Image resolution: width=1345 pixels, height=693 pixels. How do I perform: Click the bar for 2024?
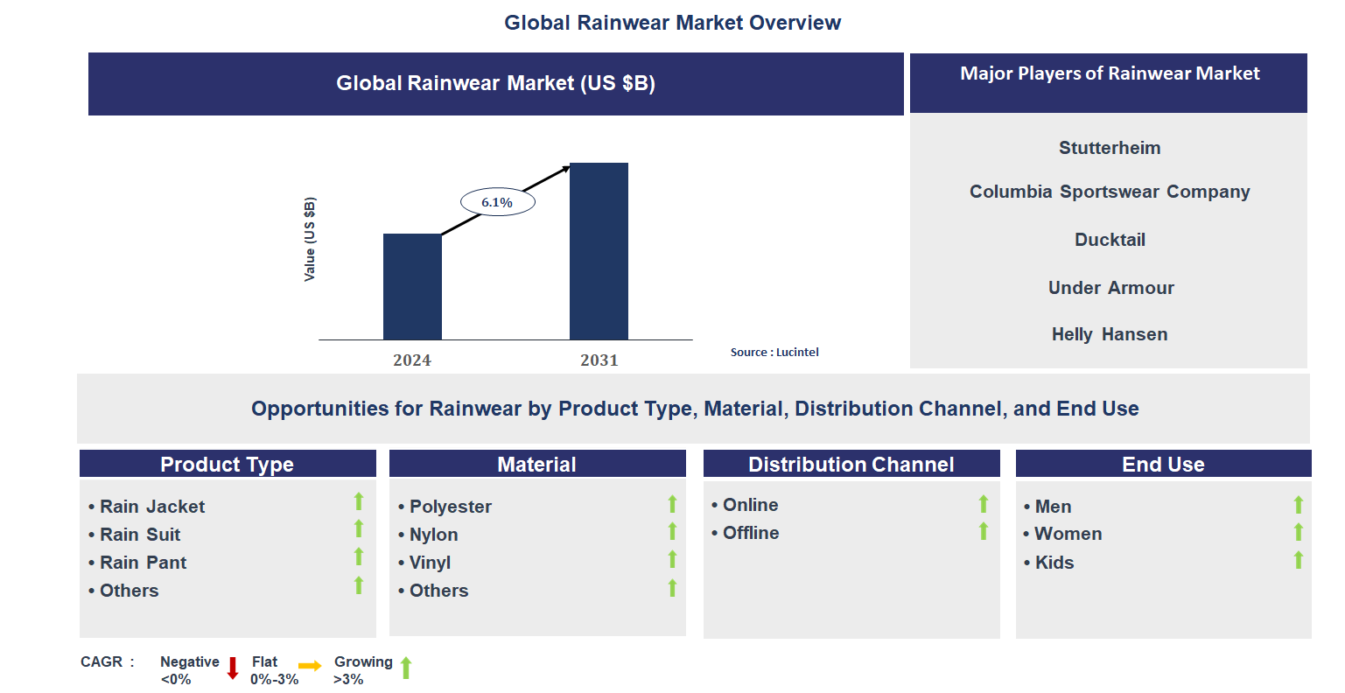coord(412,286)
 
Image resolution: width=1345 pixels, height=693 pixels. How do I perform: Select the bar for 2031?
coord(599,251)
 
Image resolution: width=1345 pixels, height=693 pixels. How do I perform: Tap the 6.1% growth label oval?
coord(497,202)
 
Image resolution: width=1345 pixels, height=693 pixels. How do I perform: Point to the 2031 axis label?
coord(599,360)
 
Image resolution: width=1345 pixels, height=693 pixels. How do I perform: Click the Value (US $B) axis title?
coord(309,239)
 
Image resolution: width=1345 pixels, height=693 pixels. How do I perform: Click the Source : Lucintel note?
coord(774,352)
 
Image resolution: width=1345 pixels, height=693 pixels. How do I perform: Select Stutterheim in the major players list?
coord(1109,148)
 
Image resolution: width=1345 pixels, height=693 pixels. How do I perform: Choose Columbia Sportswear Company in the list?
coord(1109,192)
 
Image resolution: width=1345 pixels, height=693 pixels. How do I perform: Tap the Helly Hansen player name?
coord(1109,334)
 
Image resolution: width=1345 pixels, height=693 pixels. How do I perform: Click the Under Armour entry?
coord(1110,288)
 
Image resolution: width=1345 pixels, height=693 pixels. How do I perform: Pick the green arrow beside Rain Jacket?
coord(358,501)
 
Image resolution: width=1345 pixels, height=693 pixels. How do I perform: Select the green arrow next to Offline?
coord(983,531)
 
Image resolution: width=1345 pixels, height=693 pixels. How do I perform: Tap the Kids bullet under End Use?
coord(1054,563)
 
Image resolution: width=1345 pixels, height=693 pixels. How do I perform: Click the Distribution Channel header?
coord(851,465)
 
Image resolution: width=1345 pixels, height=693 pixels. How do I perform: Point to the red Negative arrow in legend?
coord(233,668)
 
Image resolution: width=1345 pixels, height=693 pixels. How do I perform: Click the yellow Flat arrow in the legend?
coord(310,666)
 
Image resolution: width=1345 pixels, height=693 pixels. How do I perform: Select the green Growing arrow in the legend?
coord(406,668)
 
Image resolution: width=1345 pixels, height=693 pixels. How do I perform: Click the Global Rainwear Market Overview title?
coord(672,23)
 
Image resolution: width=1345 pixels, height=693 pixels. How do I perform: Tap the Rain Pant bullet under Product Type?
coord(143,563)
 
